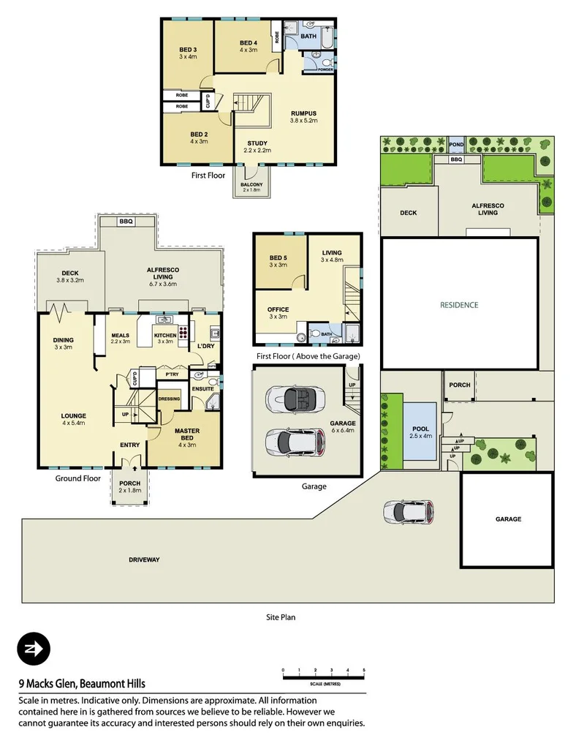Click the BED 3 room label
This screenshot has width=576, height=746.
(x=188, y=50)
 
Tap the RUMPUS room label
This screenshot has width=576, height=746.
(x=303, y=113)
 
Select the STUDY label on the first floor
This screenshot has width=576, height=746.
(x=257, y=143)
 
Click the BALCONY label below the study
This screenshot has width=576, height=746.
(x=252, y=184)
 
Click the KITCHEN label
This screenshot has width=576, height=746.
(x=164, y=336)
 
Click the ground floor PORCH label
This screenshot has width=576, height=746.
(x=129, y=483)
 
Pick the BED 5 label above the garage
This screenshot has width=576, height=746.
(x=278, y=258)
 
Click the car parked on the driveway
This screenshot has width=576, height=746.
(x=409, y=511)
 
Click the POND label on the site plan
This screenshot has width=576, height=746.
(x=457, y=145)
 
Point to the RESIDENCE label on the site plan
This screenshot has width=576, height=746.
(x=459, y=305)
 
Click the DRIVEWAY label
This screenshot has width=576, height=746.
(x=143, y=559)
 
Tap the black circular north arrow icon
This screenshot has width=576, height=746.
(x=34, y=649)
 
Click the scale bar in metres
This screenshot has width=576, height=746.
(x=323, y=671)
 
